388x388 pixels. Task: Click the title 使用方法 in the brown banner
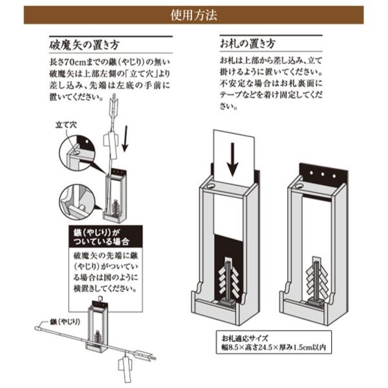point(193,12)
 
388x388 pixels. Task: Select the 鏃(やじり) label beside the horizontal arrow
point(62,320)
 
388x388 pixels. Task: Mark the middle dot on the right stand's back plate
point(321,174)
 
